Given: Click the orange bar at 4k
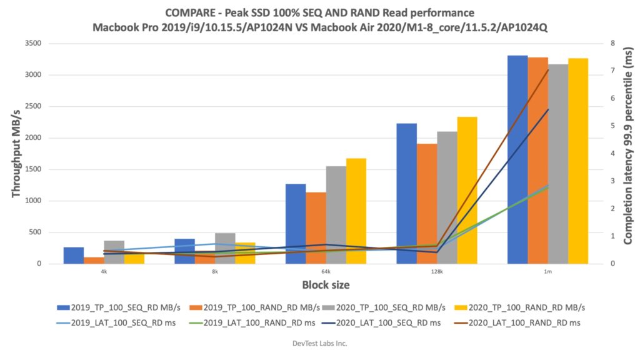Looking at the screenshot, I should (x=94, y=260).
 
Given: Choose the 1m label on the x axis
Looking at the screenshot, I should (x=547, y=272).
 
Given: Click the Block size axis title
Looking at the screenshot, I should (x=326, y=285).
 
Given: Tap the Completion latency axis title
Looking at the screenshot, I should (x=627, y=153).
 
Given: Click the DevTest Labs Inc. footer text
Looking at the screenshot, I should (x=319, y=343).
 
